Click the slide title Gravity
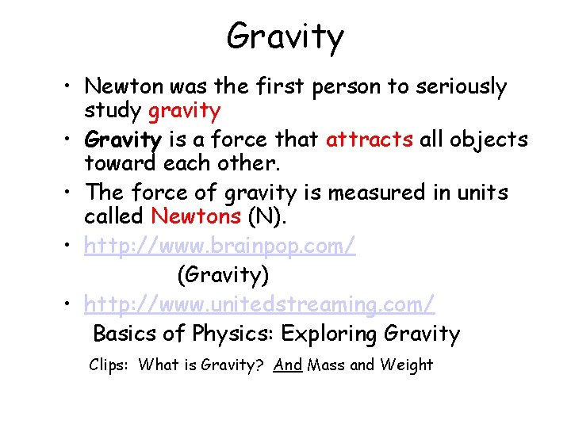285,36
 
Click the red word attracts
370,140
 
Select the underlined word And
288,365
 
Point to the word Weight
406,365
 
